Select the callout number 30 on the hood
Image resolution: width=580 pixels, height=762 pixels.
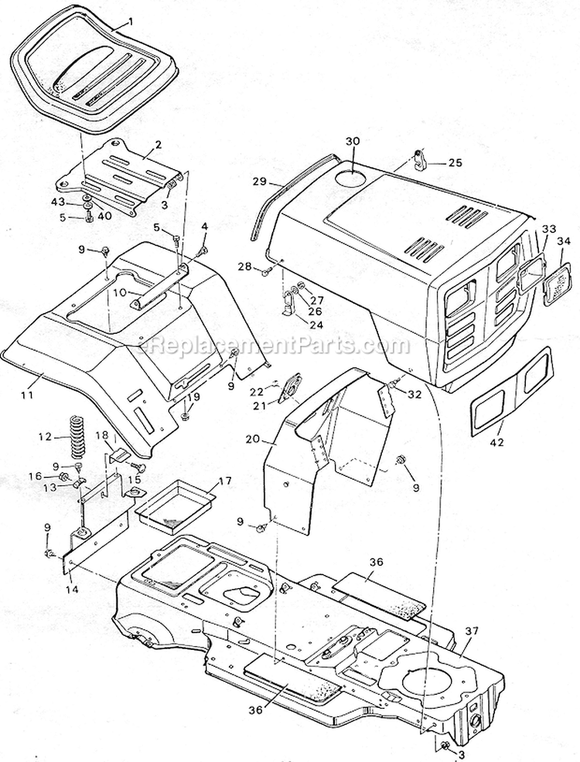click(x=353, y=141)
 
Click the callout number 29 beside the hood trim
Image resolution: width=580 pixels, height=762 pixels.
click(x=260, y=182)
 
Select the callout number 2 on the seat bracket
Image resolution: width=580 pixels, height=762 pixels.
click(x=158, y=144)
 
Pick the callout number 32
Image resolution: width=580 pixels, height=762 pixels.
click(x=415, y=393)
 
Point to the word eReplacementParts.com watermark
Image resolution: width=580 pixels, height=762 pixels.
click(x=264, y=346)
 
